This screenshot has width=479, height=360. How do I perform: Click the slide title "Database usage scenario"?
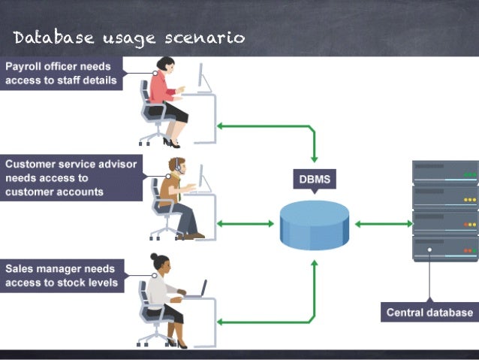coord(128,37)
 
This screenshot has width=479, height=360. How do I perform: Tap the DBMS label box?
coord(314,180)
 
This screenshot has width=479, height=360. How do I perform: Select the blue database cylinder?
coord(314,223)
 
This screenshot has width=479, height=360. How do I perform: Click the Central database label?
coord(429,312)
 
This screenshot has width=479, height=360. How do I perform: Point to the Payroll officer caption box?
coord(62,74)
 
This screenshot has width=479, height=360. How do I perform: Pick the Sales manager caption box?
coord(62,275)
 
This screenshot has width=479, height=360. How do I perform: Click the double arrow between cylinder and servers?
coord(382,223)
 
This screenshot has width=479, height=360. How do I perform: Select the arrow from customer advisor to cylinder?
coord(245,223)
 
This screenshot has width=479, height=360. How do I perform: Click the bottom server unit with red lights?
coord(444,247)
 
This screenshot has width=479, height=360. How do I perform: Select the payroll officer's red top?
coord(160,88)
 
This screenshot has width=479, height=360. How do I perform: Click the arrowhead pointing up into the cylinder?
coord(314,264)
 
